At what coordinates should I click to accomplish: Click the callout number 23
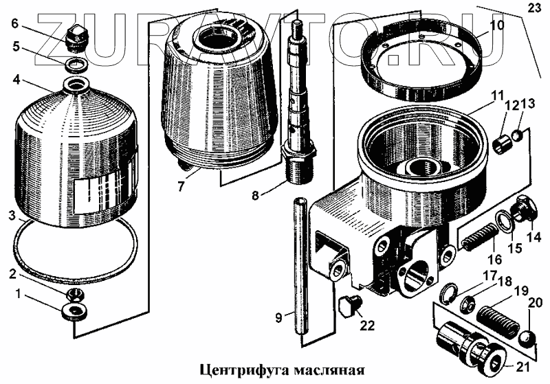tap(535, 8)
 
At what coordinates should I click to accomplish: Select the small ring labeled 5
tap(77, 65)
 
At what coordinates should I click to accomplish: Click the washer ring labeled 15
tap(507, 221)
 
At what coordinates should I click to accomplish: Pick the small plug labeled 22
tap(349, 305)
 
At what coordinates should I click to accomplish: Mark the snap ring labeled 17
tap(446, 293)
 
